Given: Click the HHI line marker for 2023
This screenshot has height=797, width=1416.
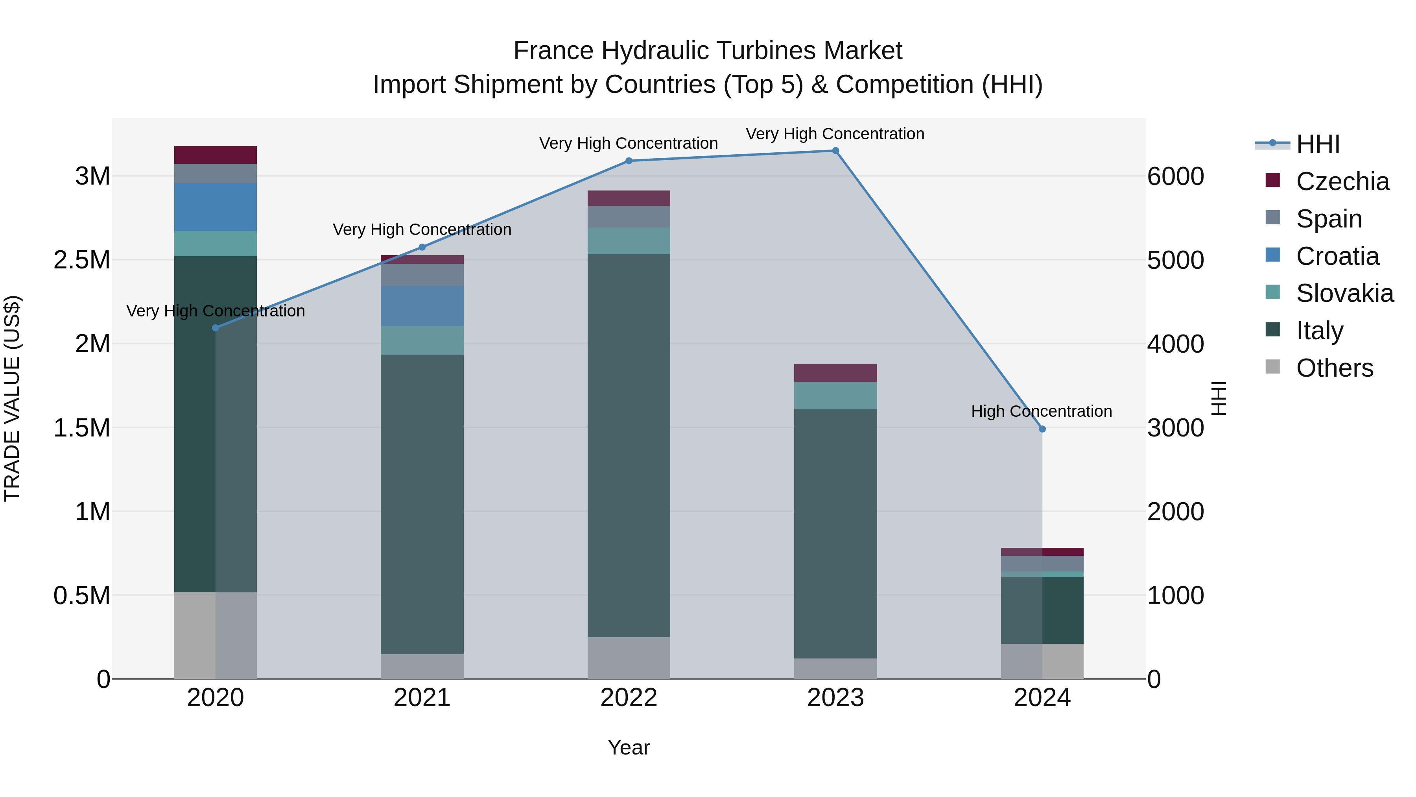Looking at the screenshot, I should point(835,151).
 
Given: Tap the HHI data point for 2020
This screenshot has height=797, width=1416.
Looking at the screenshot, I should point(216,328).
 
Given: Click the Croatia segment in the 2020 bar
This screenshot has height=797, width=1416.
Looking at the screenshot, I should point(216,207).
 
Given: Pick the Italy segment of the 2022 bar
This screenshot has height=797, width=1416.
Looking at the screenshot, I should point(629,446).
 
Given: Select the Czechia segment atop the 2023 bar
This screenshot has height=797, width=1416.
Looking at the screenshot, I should point(835,373).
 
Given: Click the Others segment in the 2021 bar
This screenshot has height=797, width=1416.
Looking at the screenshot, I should point(422,666).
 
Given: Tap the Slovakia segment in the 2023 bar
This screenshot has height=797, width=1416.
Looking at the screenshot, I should point(835,396).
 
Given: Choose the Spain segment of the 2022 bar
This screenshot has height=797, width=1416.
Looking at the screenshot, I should point(629,217).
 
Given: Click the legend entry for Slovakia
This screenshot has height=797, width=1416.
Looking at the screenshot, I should point(1344,293).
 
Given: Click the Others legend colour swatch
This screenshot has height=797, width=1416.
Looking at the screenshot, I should point(1272,367).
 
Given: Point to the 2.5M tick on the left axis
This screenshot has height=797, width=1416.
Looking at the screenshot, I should point(82,260).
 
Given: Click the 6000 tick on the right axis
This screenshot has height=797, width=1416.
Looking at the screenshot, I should point(1175,177).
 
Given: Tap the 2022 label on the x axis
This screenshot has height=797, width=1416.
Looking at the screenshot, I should point(629,698).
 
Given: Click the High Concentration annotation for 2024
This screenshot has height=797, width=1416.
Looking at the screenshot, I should point(1041,411).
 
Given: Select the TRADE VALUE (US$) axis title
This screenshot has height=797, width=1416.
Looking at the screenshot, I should point(12,398).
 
